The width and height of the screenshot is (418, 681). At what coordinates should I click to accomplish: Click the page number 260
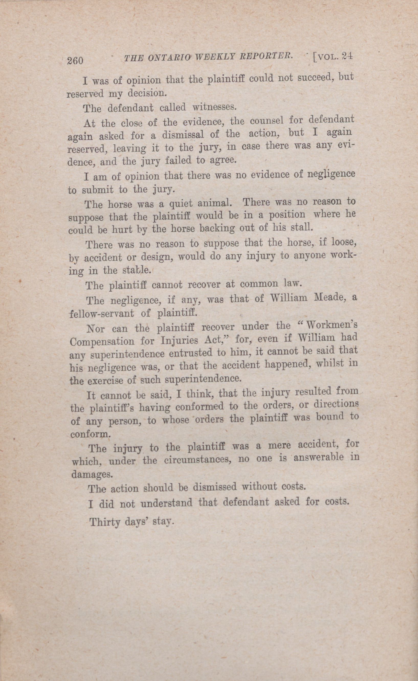(75, 60)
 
